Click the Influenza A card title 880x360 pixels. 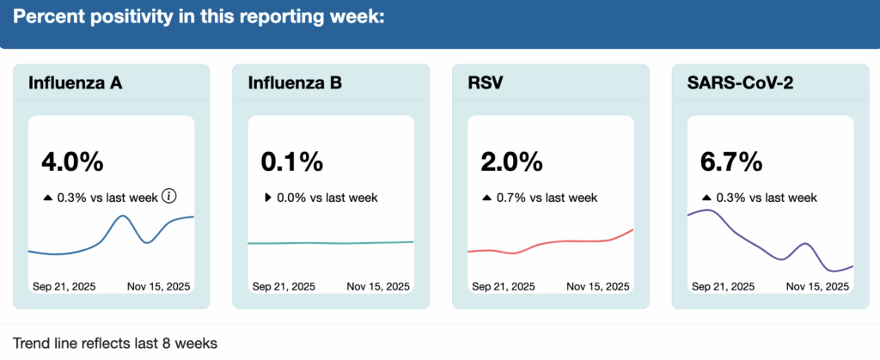75,83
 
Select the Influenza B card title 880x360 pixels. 295,83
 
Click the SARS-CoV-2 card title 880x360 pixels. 741,83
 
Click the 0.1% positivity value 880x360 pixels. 291,162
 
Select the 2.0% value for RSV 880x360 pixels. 511,162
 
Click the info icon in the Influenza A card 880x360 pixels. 169,197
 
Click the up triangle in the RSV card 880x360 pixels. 487,198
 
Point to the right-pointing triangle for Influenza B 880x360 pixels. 267,198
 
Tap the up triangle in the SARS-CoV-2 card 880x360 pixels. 706,198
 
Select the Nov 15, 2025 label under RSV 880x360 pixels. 598,286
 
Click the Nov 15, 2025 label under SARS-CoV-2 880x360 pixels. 818,286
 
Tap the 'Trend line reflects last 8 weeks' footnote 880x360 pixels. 115,343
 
